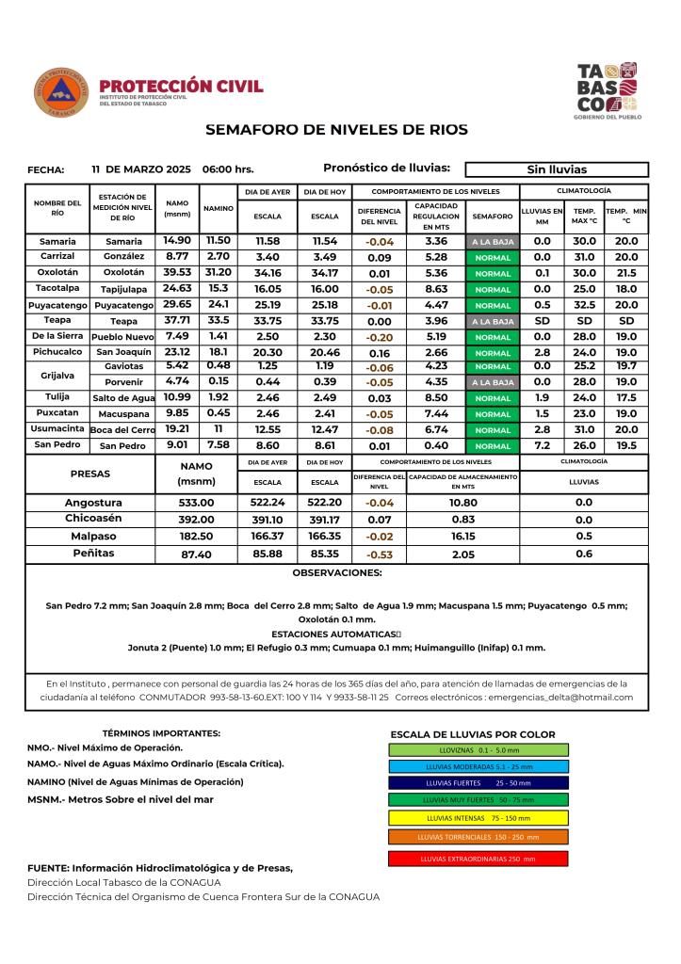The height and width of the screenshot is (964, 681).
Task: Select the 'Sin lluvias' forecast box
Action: (557, 169)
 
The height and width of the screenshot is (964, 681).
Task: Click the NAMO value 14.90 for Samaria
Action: (177, 241)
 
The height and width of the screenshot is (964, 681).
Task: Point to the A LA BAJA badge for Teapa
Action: (492, 321)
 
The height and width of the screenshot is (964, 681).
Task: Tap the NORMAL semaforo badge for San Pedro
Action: (492, 445)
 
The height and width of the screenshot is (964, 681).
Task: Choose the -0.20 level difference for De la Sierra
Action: (380, 336)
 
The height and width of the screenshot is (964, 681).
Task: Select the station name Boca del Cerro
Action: (122, 429)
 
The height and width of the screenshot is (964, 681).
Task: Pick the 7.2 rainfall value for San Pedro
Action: (543, 445)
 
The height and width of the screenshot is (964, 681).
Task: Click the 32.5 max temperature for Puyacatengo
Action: (584, 305)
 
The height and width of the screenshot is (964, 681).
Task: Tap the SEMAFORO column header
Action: (492, 216)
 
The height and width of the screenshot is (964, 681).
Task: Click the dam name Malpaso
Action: (92, 536)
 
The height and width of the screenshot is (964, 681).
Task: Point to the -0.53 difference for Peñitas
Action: (380, 554)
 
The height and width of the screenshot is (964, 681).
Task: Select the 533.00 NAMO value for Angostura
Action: (197, 503)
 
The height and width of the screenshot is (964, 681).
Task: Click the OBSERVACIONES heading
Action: (336, 572)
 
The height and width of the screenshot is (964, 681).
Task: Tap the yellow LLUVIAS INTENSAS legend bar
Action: (478, 816)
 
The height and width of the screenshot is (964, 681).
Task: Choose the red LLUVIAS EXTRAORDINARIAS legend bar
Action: (478, 859)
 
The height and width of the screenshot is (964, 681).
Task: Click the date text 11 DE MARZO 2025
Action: (141, 169)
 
